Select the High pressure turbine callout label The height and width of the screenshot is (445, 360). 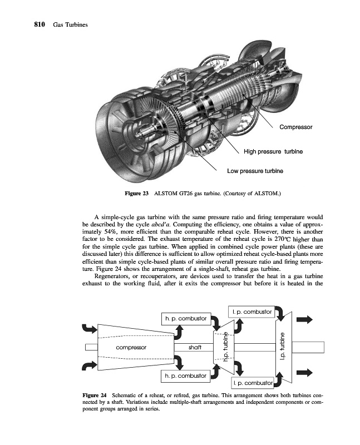click(x=273, y=151)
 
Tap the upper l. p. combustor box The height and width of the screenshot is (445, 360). click(x=250, y=312)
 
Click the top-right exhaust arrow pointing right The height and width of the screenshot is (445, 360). click(x=305, y=319)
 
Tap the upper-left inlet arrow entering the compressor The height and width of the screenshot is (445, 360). click(x=89, y=329)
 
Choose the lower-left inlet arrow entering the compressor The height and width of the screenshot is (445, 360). click(x=89, y=366)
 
